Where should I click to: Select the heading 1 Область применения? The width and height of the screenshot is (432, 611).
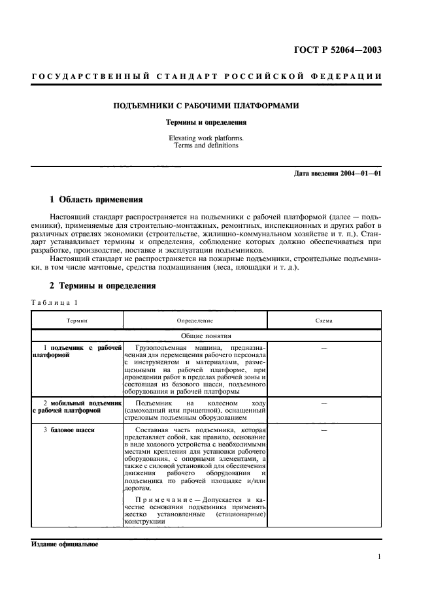tap(96, 199)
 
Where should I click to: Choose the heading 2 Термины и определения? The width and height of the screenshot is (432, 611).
tap(103, 285)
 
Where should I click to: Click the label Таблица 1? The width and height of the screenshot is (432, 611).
tap(54, 302)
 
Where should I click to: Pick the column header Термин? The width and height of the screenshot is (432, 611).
tap(77, 321)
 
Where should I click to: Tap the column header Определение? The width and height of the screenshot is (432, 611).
tap(195, 321)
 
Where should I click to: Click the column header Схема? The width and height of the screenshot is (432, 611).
tap(324, 321)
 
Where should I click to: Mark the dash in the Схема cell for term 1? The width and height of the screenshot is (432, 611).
tap(324, 347)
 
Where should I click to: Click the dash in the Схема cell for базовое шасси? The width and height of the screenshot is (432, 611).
tap(324, 430)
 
